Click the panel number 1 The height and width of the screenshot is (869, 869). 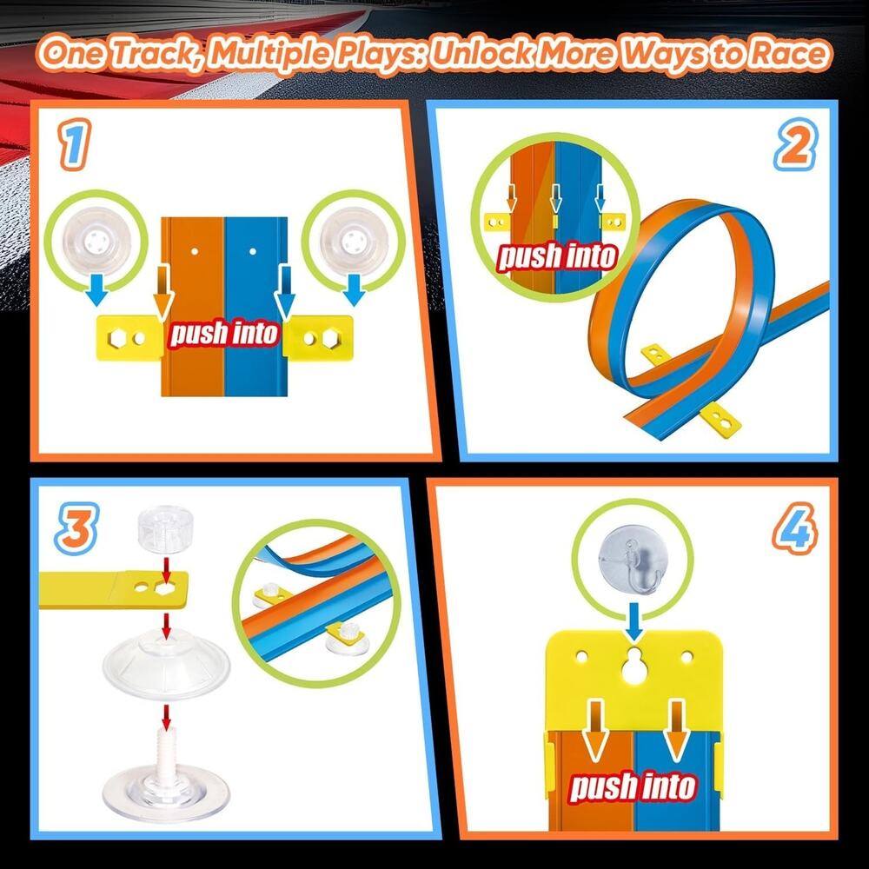74,145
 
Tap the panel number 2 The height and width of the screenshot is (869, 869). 795,145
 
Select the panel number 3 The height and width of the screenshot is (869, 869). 77,528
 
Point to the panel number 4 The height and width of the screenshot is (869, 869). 795,528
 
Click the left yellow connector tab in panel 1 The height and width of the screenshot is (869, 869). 129,337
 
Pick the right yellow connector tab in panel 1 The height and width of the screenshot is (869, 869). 318,337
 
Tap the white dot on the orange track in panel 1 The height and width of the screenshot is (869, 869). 195,251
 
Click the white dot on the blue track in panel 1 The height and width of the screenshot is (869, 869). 253,251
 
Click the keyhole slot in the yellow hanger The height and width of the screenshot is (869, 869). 634,666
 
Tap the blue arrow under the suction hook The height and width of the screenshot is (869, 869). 634,620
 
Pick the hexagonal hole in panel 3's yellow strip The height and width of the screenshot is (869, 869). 164,588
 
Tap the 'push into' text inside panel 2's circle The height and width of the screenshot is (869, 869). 558,256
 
